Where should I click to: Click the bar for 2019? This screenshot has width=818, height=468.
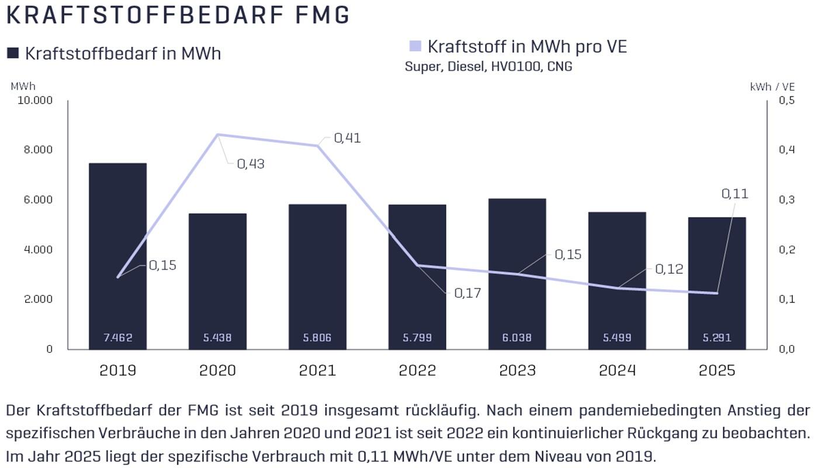pos(117,256)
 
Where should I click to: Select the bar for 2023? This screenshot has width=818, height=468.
pos(517,274)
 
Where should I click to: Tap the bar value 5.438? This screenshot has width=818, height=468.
pos(217,338)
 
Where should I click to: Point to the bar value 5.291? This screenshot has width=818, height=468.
pos(717,338)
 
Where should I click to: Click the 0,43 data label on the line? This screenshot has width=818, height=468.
pos(251,164)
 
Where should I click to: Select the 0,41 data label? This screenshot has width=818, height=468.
pos(347,138)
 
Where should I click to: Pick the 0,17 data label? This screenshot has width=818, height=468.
pos(467,293)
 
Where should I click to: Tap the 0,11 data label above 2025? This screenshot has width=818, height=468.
pos(735,194)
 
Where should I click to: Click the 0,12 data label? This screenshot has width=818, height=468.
pos(669,269)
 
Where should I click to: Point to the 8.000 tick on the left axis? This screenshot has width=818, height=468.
pos(39,150)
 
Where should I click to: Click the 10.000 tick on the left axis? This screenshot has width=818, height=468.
pos(35,100)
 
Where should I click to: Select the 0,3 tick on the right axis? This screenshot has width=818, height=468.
pos(786,199)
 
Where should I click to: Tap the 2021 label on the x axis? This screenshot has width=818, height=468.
pos(317,370)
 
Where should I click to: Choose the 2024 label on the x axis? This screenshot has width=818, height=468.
pos(617,370)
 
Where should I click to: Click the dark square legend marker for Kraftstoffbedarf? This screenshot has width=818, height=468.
pos(13,53)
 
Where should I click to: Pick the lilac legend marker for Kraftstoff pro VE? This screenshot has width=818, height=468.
pos(415,46)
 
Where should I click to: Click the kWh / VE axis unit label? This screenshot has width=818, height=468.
pos(772,87)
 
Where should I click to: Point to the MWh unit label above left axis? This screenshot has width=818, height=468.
pos(23,87)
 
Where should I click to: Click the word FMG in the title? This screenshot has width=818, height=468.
pos(322,15)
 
